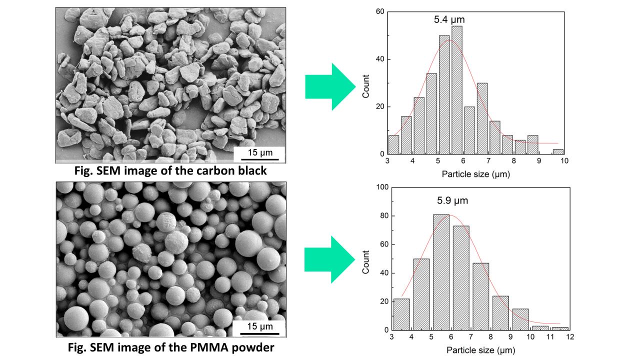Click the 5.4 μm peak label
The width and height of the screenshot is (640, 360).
coord(449,20)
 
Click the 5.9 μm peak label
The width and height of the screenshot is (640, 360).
coord(452,200)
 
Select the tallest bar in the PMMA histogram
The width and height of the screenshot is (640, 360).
coord(441,272)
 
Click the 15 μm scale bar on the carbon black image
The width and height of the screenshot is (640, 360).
coord(260,152)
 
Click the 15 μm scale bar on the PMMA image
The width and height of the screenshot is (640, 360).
coord(259,327)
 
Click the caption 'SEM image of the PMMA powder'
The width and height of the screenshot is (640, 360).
coord(171,347)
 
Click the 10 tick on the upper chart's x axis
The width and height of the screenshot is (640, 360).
coord(564,161)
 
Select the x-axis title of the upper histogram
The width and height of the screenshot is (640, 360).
coord(476,174)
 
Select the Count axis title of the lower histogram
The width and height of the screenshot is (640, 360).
coord(366,261)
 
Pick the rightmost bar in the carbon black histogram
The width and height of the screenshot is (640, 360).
coord(559,152)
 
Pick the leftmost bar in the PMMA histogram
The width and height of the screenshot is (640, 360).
coord(401,314)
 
